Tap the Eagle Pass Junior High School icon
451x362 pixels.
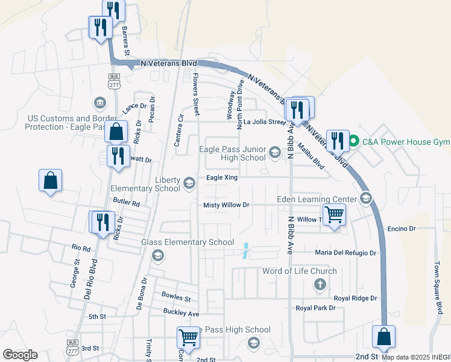275,152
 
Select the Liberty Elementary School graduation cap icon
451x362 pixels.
190,183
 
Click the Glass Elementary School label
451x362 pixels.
188,242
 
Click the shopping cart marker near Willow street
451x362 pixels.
334,215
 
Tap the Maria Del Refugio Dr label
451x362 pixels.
345,253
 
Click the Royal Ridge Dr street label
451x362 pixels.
355,298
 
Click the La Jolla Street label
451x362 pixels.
264,122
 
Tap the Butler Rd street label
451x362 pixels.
126,203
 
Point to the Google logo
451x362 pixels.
20,355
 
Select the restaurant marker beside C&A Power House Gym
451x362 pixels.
338,141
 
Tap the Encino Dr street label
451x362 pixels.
402,229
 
